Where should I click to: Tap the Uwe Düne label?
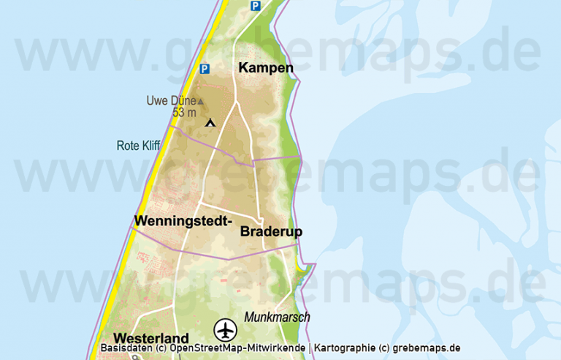pyautogui.click(x=171, y=101)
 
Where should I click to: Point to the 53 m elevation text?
pyautogui.click(x=184, y=113)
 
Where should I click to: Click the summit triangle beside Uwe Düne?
pyautogui.click(x=201, y=102)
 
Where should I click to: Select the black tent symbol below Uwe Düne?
pyautogui.click(x=211, y=122)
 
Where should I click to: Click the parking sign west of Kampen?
pyautogui.click(x=205, y=70)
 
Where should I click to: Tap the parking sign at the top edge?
pyautogui.click(x=255, y=6)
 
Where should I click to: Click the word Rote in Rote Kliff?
pyautogui.click(x=128, y=146)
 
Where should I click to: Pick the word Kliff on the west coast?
pyautogui.click(x=150, y=146)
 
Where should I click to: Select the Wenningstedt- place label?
pyautogui.click(x=183, y=220)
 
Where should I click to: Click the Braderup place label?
pyautogui.click(x=271, y=232)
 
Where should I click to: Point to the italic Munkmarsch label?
pyautogui.click(x=277, y=317)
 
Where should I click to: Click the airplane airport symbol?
pyautogui.click(x=226, y=331)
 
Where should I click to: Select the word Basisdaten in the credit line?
pyautogui.click(x=123, y=348)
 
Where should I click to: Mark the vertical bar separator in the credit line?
pyautogui.click(x=310, y=348)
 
